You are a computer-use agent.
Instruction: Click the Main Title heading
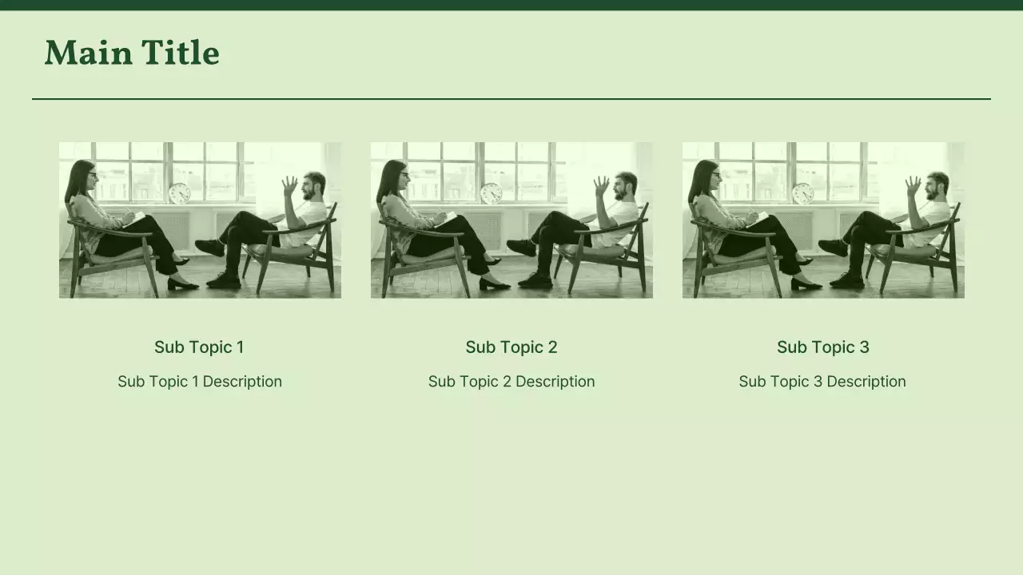tap(132, 54)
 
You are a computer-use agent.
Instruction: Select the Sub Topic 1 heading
tap(199, 347)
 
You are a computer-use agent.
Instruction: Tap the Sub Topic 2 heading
tap(511, 347)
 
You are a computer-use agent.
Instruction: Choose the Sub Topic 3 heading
tap(823, 347)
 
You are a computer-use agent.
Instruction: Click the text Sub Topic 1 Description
tap(200, 381)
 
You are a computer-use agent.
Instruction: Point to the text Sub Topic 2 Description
tap(511, 381)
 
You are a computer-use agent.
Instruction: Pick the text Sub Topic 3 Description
tap(822, 381)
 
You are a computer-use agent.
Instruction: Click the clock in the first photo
tap(180, 193)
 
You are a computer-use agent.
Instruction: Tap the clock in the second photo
tap(492, 193)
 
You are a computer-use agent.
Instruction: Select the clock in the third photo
tap(803, 193)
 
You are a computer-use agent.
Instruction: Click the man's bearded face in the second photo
tap(624, 187)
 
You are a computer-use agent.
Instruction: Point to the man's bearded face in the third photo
tap(936, 187)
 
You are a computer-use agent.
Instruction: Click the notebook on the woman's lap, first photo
tap(135, 217)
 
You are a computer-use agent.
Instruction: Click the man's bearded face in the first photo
tap(312, 187)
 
